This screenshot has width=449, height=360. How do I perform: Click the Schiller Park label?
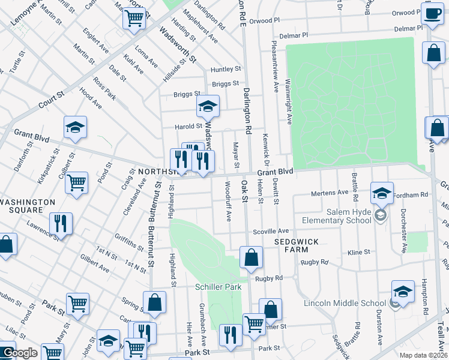click(218, 287)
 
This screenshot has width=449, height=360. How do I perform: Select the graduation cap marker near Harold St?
click(208, 107)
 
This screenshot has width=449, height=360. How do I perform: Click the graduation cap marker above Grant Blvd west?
click(76, 127)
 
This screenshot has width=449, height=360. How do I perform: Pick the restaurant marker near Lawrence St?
click(61, 223)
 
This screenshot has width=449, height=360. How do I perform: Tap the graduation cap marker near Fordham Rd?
click(382, 193)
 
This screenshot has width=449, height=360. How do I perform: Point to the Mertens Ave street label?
click(329, 193)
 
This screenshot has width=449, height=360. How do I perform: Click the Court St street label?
click(52, 95)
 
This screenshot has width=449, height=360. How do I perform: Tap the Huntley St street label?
click(225, 70)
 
